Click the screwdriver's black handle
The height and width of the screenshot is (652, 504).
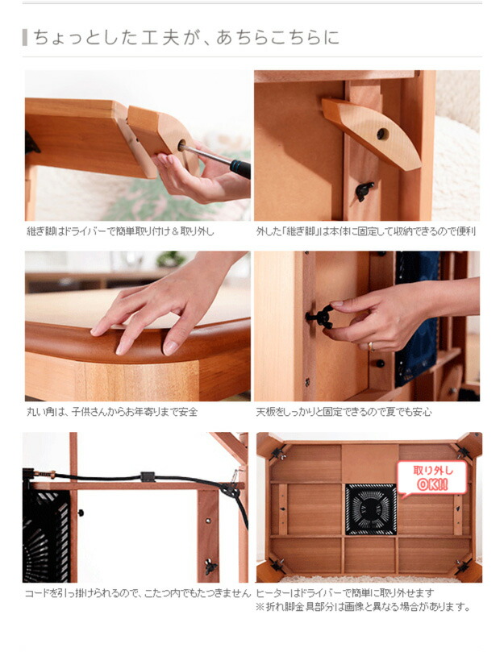pos(240,168)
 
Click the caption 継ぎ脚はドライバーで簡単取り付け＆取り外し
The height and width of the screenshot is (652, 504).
pos(121,231)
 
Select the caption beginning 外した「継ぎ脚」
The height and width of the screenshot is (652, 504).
pos(366,231)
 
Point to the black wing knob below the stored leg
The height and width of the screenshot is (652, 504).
pos(364,190)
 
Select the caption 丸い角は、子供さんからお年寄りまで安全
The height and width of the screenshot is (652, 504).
pos(112,412)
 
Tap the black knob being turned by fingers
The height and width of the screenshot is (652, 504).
pos(321,317)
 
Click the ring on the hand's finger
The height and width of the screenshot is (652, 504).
pos(371,346)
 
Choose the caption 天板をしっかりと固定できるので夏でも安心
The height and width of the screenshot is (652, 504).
pos(344,412)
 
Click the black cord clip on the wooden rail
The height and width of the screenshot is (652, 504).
pos(148,476)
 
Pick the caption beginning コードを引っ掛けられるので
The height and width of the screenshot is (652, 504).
pos(138,593)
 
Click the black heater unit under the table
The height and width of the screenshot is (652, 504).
pos(370,509)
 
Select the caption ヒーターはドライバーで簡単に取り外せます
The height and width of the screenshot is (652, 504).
pos(345,593)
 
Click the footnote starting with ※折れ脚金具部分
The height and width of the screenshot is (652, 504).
pos(362,607)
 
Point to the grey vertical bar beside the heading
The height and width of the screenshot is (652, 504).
pos(26,37)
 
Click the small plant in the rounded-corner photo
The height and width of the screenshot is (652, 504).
pos(170,260)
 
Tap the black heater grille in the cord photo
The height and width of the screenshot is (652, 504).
pos(47,535)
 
